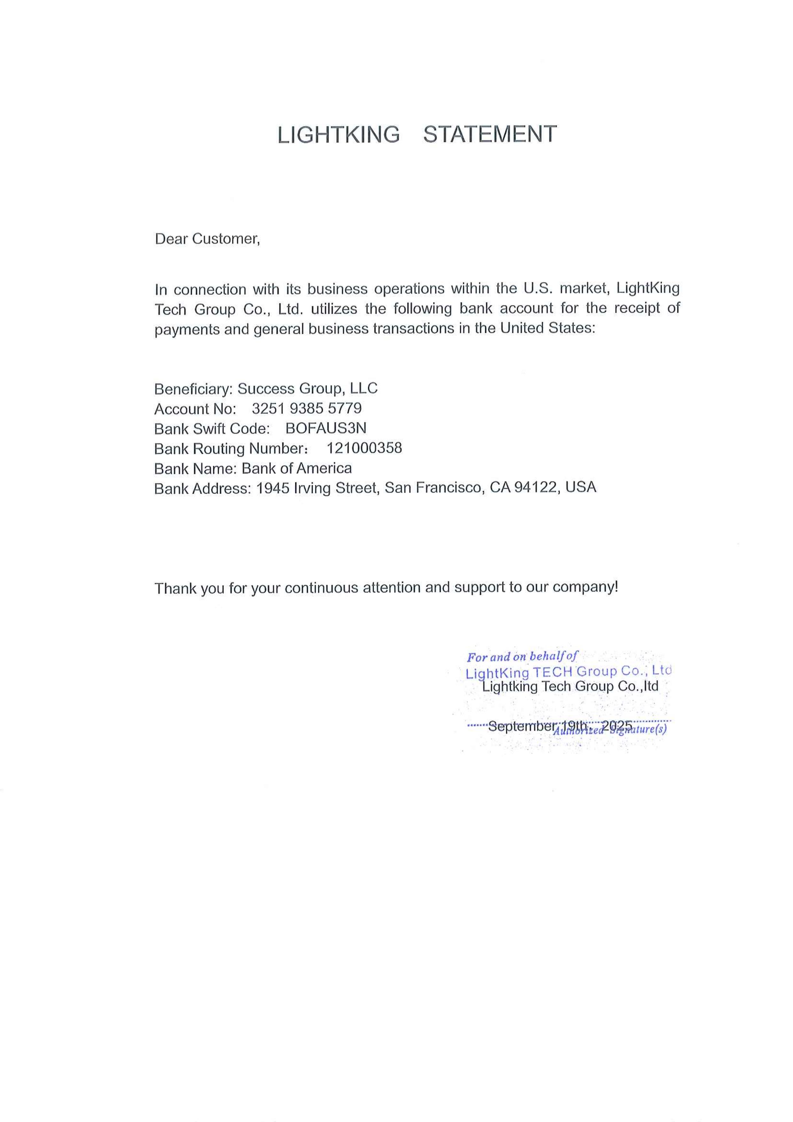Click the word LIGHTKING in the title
click(338, 134)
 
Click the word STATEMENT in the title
click(490, 134)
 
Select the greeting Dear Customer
click(207, 239)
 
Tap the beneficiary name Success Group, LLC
click(307, 388)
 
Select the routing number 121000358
click(364, 448)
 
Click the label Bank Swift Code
click(212, 428)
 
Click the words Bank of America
click(297, 468)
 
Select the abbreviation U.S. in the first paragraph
click(538, 288)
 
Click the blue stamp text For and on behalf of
click(522, 657)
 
